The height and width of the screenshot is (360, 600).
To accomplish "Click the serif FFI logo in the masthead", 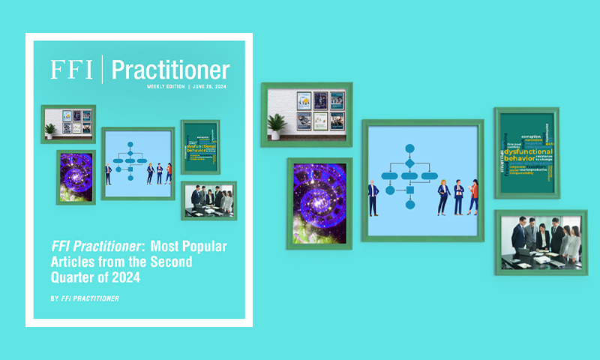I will [x=72, y=69].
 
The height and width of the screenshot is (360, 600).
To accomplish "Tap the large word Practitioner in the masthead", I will [x=170, y=70].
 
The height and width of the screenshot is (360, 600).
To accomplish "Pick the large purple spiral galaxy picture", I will [x=319, y=202].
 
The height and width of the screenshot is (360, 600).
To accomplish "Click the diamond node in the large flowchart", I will [x=409, y=163].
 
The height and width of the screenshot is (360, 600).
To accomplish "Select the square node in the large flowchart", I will [x=409, y=190].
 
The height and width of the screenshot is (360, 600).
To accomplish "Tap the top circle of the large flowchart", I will [x=409, y=148].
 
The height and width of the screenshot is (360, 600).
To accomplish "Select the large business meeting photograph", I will [x=540, y=241].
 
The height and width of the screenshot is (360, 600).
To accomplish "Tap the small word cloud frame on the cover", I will [x=199, y=147].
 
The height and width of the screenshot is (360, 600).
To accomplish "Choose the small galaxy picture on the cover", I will [x=76, y=177].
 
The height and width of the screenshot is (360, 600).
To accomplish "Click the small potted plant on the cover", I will [x=49, y=130].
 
